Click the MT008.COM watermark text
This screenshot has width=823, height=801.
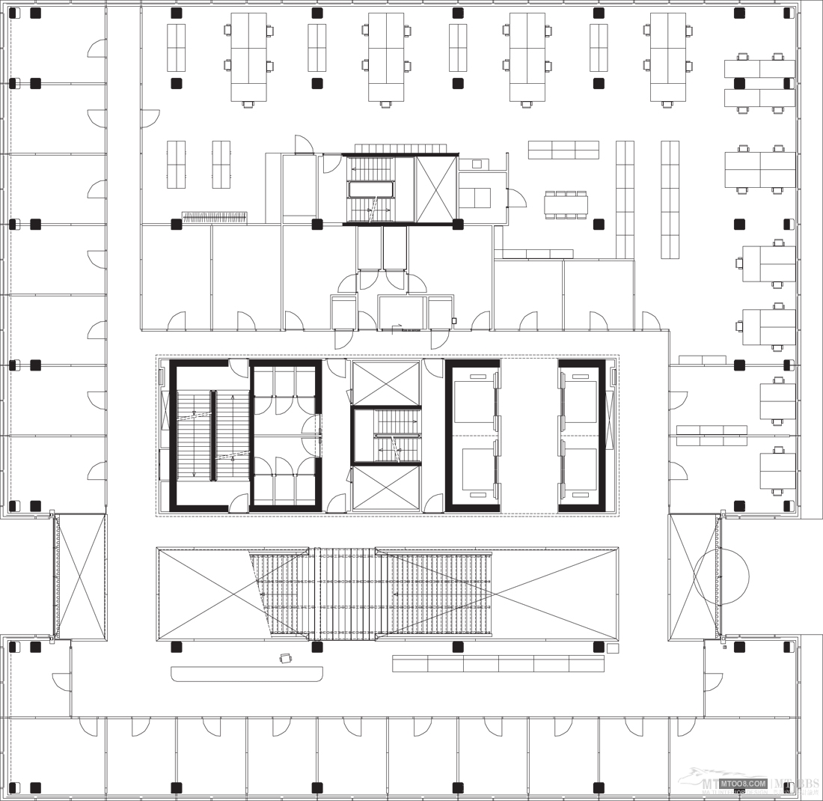[x=744, y=783]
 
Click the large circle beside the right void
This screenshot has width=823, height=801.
[x=720, y=576]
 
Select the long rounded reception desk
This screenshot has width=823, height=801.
[x=247, y=674]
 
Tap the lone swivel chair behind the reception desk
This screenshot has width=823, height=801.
[x=285, y=658]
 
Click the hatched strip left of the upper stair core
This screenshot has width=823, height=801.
[x=214, y=217]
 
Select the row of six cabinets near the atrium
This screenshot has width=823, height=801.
[x=498, y=664]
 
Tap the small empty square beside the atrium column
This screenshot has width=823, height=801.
[x=613, y=648]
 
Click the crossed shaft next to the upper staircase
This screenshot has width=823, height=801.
[x=436, y=189]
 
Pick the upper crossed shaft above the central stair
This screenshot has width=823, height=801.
[x=386, y=383]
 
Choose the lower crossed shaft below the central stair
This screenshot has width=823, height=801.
[x=386, y=488]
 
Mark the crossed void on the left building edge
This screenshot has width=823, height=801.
[x=80, y=576]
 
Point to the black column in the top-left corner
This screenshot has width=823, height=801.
[x=35, y=13]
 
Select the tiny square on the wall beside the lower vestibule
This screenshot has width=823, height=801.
[x=453, y=321]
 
